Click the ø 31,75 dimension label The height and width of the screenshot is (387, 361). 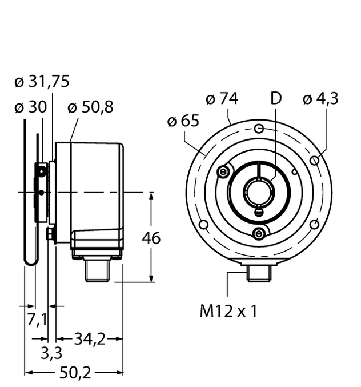[x=41, y=82]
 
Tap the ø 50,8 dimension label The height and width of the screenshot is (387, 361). [x=90, y=107]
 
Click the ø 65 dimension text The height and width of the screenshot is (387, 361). [x=183, y=121]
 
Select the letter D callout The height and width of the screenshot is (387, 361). [x=276, y=99]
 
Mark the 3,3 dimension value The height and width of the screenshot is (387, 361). [x=51, y=354]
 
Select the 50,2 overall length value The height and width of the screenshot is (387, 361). [x=75, y=373]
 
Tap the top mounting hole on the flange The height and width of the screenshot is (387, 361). [x=259, y=127]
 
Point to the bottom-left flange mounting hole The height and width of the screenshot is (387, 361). [x=203, y=224]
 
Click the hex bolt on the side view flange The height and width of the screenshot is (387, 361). [x=50, y=234]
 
